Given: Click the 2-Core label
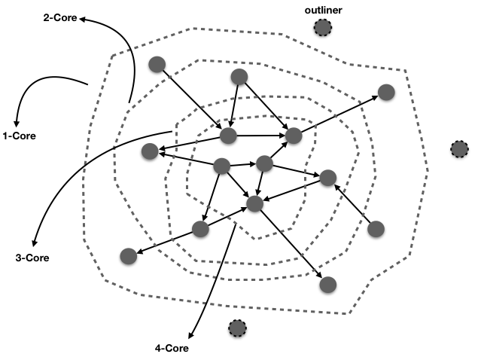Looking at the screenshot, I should click(62, 17).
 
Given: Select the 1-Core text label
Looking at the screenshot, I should click(19, 136).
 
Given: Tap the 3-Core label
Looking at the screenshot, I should click(32, 258).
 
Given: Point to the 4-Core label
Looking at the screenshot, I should click(172, 349).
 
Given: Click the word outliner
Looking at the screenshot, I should click(323, 11).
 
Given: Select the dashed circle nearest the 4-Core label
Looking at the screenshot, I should click(237, 328).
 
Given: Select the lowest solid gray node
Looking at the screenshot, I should click(327, 285).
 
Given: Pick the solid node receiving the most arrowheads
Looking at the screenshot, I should click(255, 203).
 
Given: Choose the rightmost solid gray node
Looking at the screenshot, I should click(386, 93).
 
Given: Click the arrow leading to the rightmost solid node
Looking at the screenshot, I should click(339, 114).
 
